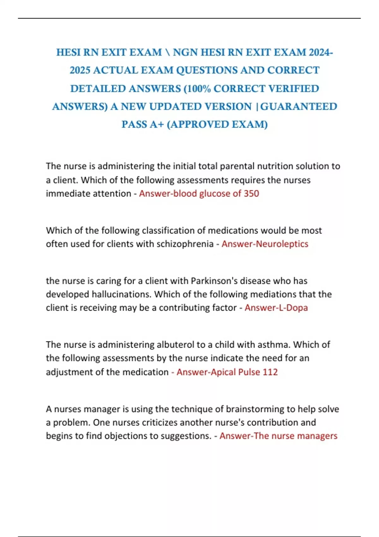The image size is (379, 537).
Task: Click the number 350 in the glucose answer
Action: click(x=251, y=193)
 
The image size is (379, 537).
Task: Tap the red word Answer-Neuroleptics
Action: click(x=265, y=244)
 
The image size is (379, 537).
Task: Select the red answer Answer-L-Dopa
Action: click(x=276, y=308)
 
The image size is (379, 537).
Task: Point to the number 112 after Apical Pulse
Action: click(x=270, y=372)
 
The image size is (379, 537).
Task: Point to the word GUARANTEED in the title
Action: click(x=299, y=106)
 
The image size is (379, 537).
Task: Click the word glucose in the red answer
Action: click(x=215, y=193)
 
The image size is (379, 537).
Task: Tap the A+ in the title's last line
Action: click(x=157, y=124)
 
